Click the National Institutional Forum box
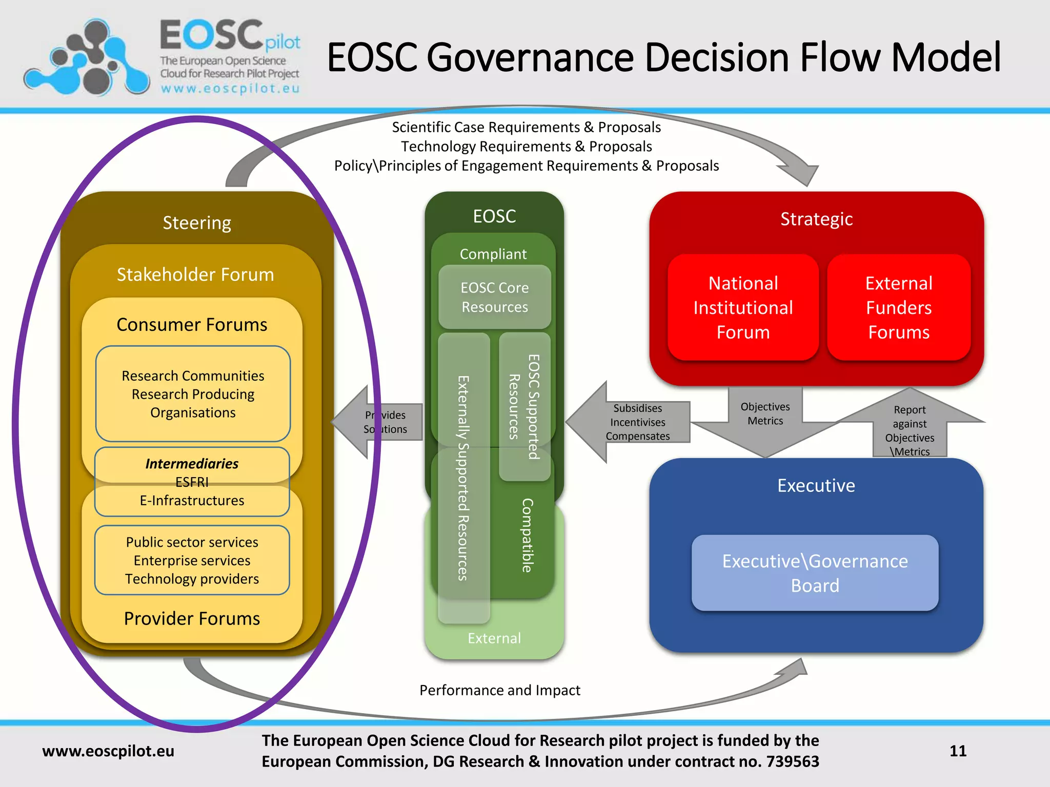743,307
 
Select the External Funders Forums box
898,307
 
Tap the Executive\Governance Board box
815,573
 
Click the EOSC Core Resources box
494,297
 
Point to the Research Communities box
193,393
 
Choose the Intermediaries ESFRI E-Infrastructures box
192,482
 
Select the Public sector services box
192,560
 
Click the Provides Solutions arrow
379,422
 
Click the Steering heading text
197,223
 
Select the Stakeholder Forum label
195,275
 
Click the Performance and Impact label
500,690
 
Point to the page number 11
958,751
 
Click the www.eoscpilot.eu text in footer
108,751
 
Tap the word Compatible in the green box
527,535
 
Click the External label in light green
494,638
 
